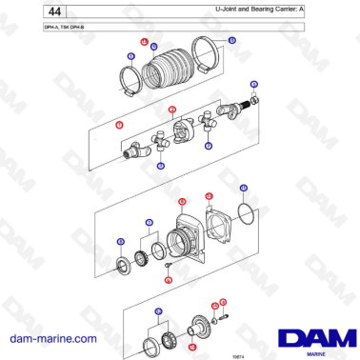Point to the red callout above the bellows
[144, 43]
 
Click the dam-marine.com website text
[53, 339]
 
